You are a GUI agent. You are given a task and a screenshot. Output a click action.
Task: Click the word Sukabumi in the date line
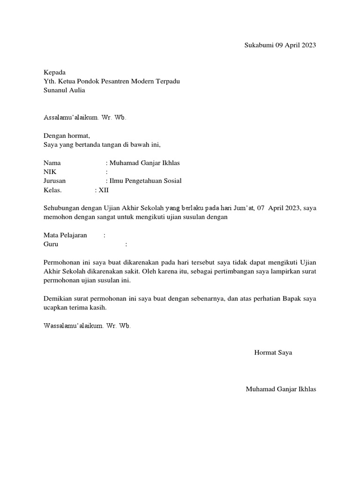pyautogui.click(x=259, y=45)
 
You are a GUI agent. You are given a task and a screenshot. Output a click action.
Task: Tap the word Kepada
pyautogui.click(x=54, y=73)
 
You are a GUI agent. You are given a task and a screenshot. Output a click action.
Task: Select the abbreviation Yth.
pyautogui.click(x=49, y=82)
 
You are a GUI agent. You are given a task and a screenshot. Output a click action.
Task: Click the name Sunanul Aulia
pyautogui.click(x=64, y=90)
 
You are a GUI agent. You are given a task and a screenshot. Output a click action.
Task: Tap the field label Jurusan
pyautogui.click(x=55, y=181)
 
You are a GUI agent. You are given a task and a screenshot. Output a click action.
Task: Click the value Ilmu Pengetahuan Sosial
pyautogui.click(x=145, y=181)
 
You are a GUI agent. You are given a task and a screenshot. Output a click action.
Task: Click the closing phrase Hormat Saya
pyautogui.click(x=273, y=352)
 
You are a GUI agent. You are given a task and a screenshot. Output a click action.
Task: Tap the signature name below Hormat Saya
pyautogui.click(x=281, y=389)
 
